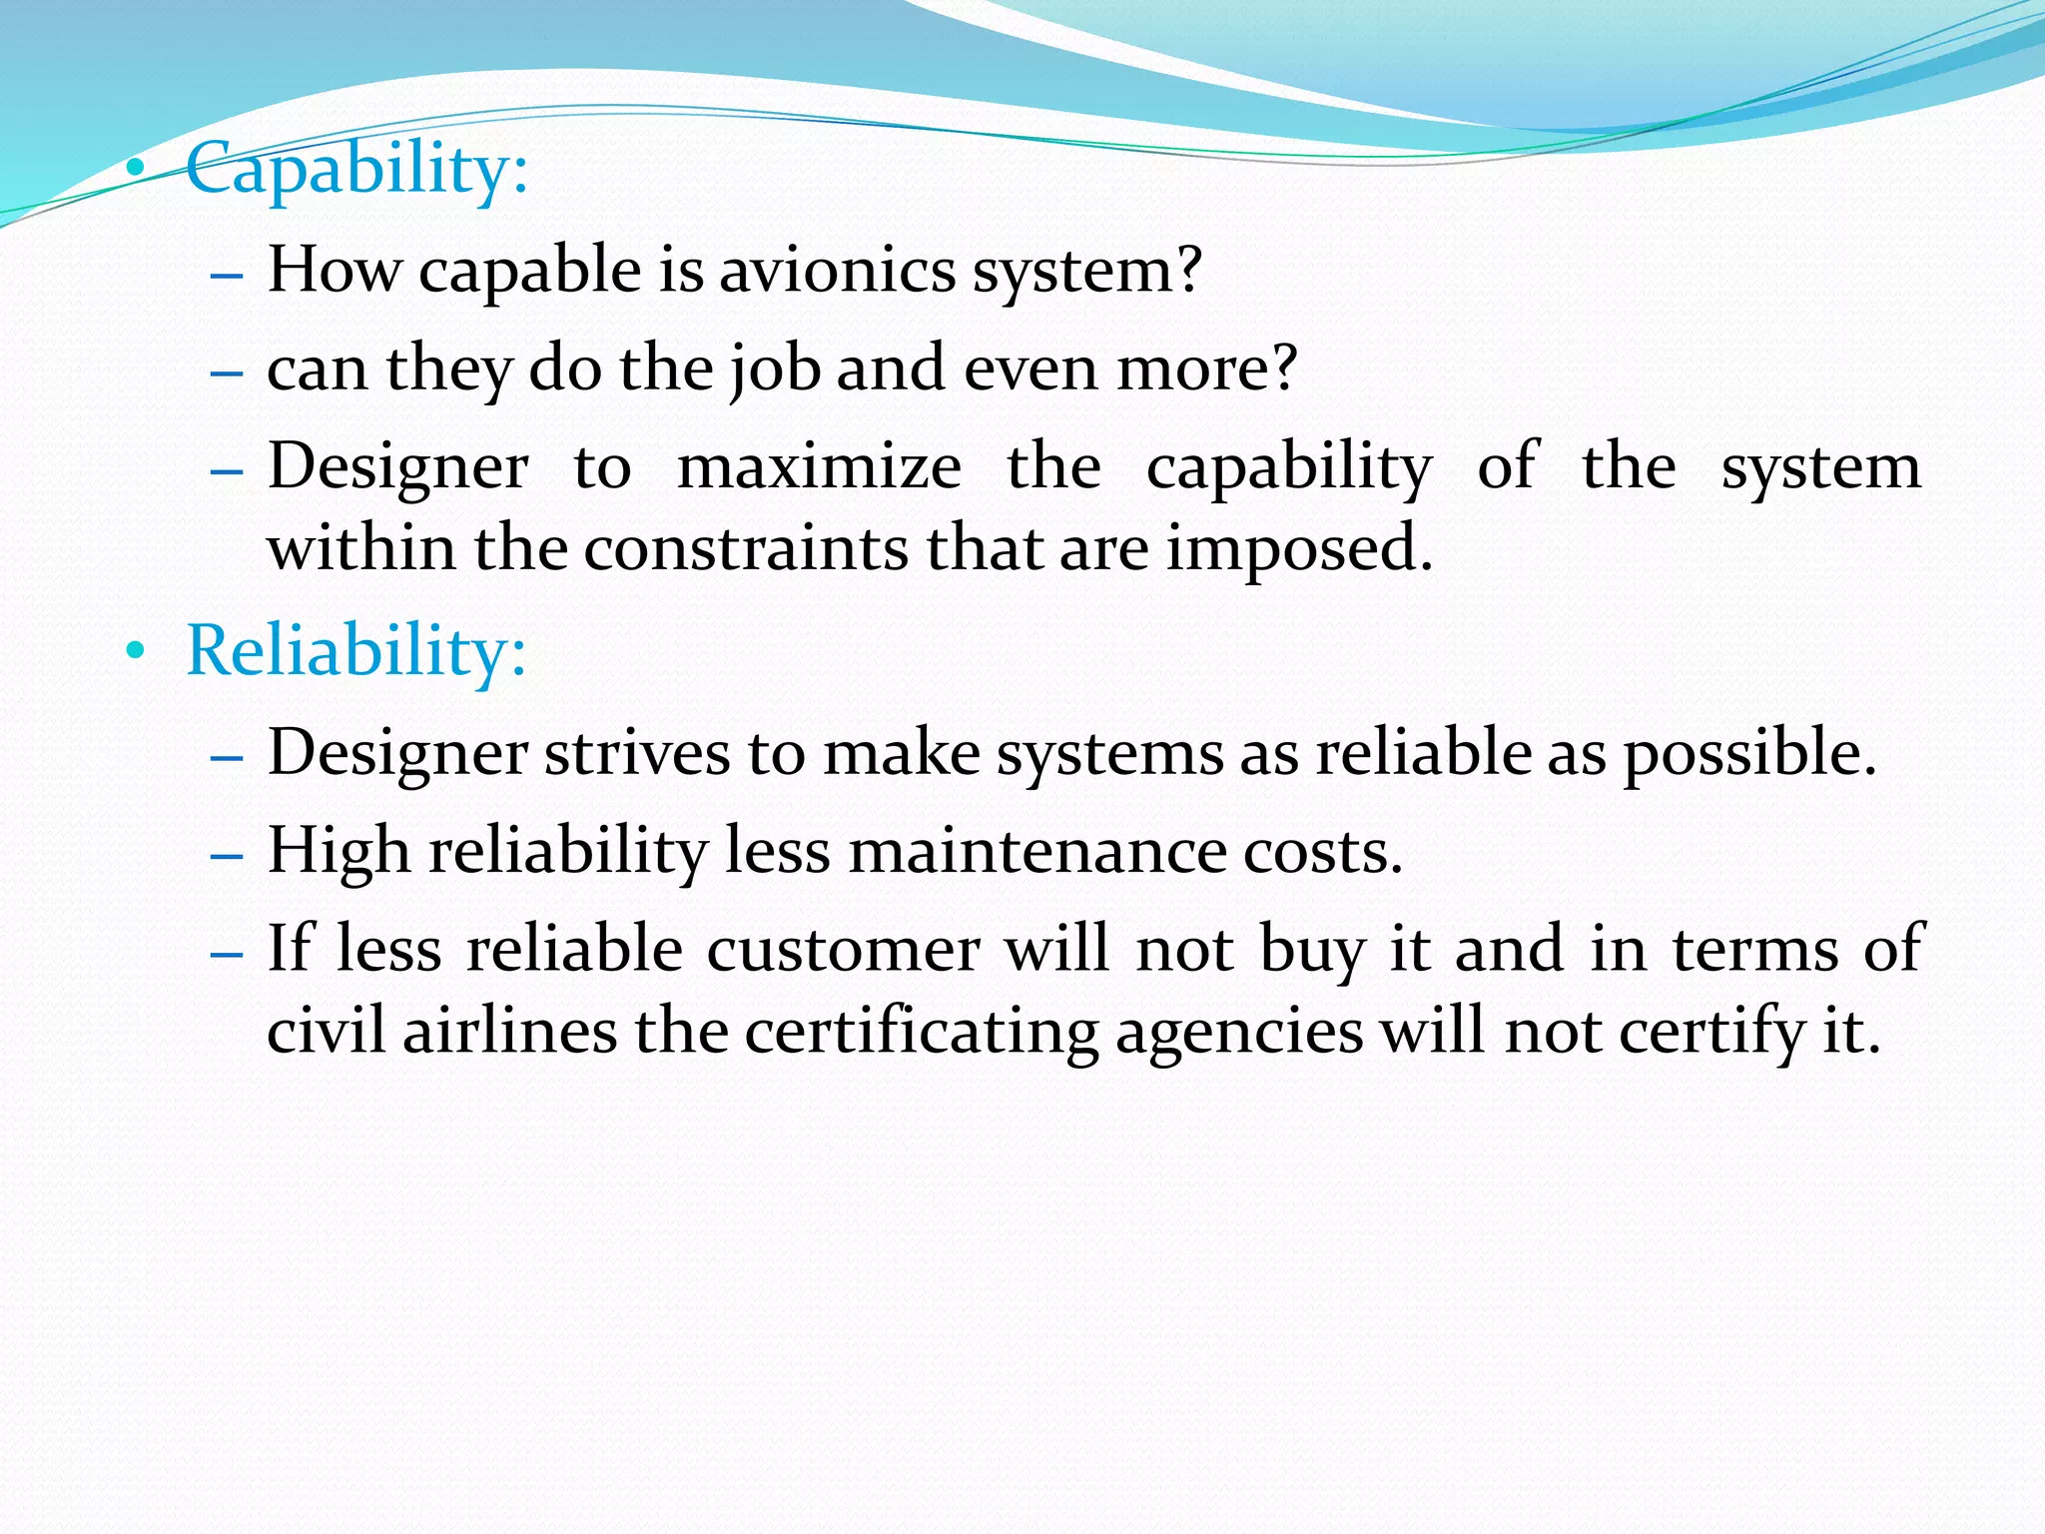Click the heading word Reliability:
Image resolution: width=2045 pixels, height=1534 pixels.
click(x=355, y=651)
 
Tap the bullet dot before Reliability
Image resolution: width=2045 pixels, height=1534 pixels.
click(x=135, y=652)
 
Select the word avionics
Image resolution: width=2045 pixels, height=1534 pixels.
click(x=837, y=271)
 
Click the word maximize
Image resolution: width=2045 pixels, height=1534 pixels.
click(x=819, y=466)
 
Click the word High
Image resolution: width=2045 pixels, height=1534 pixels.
click(x=339, y=852)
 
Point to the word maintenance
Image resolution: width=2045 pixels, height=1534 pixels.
click(x=1037, y=852)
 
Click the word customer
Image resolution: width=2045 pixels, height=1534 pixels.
click(x=843, y=949)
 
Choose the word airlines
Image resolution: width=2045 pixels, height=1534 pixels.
click(x=510, y=1031)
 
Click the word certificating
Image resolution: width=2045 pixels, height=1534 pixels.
click(x=922, y=1031)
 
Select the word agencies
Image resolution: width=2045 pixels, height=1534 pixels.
click(x=1238, y=1031)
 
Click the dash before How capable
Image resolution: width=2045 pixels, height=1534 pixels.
click(x=228, y=274)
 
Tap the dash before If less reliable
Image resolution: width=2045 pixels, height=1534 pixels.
click(x=228, y=953)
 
